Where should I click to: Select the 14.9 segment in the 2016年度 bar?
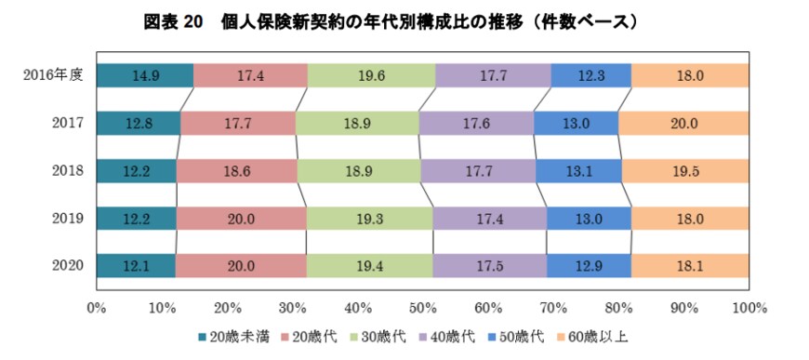tap(144, 75)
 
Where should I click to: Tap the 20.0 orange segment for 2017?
tap(683, 123)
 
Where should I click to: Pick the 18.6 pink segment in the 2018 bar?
tap(236, 170)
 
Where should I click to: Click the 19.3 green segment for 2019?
tap(369, 218)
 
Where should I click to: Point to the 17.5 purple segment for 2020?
tap(490, 265)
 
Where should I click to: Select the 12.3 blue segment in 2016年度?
tap(590, 75)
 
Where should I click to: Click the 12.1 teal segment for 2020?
tap(136, 265)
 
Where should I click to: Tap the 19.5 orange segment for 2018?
tap(685, 170)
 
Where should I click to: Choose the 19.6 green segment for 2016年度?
tap(371, 75)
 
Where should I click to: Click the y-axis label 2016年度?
tap(55, 75)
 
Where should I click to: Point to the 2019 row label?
tap(68, 218)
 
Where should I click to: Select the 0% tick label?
tap(96, 307)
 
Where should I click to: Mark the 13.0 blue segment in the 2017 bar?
tap(577, 123)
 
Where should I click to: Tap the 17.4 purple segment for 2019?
tap(489, 218)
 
